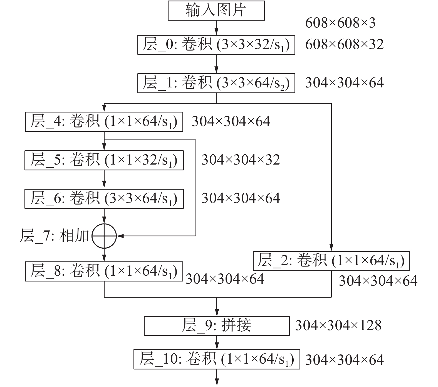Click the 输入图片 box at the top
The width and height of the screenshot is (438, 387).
click(216, 11)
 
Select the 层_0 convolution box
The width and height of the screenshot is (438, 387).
click(216, 45)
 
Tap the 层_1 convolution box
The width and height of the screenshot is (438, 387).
click(216, 83)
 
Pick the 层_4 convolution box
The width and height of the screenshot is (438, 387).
click(104, 122)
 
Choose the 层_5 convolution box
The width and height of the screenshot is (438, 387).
click(104, 160)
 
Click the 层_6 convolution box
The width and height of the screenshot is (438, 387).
click(104, 199)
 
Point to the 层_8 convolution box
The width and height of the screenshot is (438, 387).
click(104, 271)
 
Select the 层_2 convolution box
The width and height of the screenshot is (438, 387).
click(331, 261)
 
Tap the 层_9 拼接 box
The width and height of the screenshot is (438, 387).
click(217, 325)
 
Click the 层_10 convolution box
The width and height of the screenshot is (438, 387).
click(217, 359)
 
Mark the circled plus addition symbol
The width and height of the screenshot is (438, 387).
click(104, 236)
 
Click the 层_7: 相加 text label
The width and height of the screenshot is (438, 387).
click(54, 236)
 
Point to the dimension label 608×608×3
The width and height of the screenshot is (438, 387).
click(340, 23)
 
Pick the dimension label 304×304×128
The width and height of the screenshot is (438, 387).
click(338, 325)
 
